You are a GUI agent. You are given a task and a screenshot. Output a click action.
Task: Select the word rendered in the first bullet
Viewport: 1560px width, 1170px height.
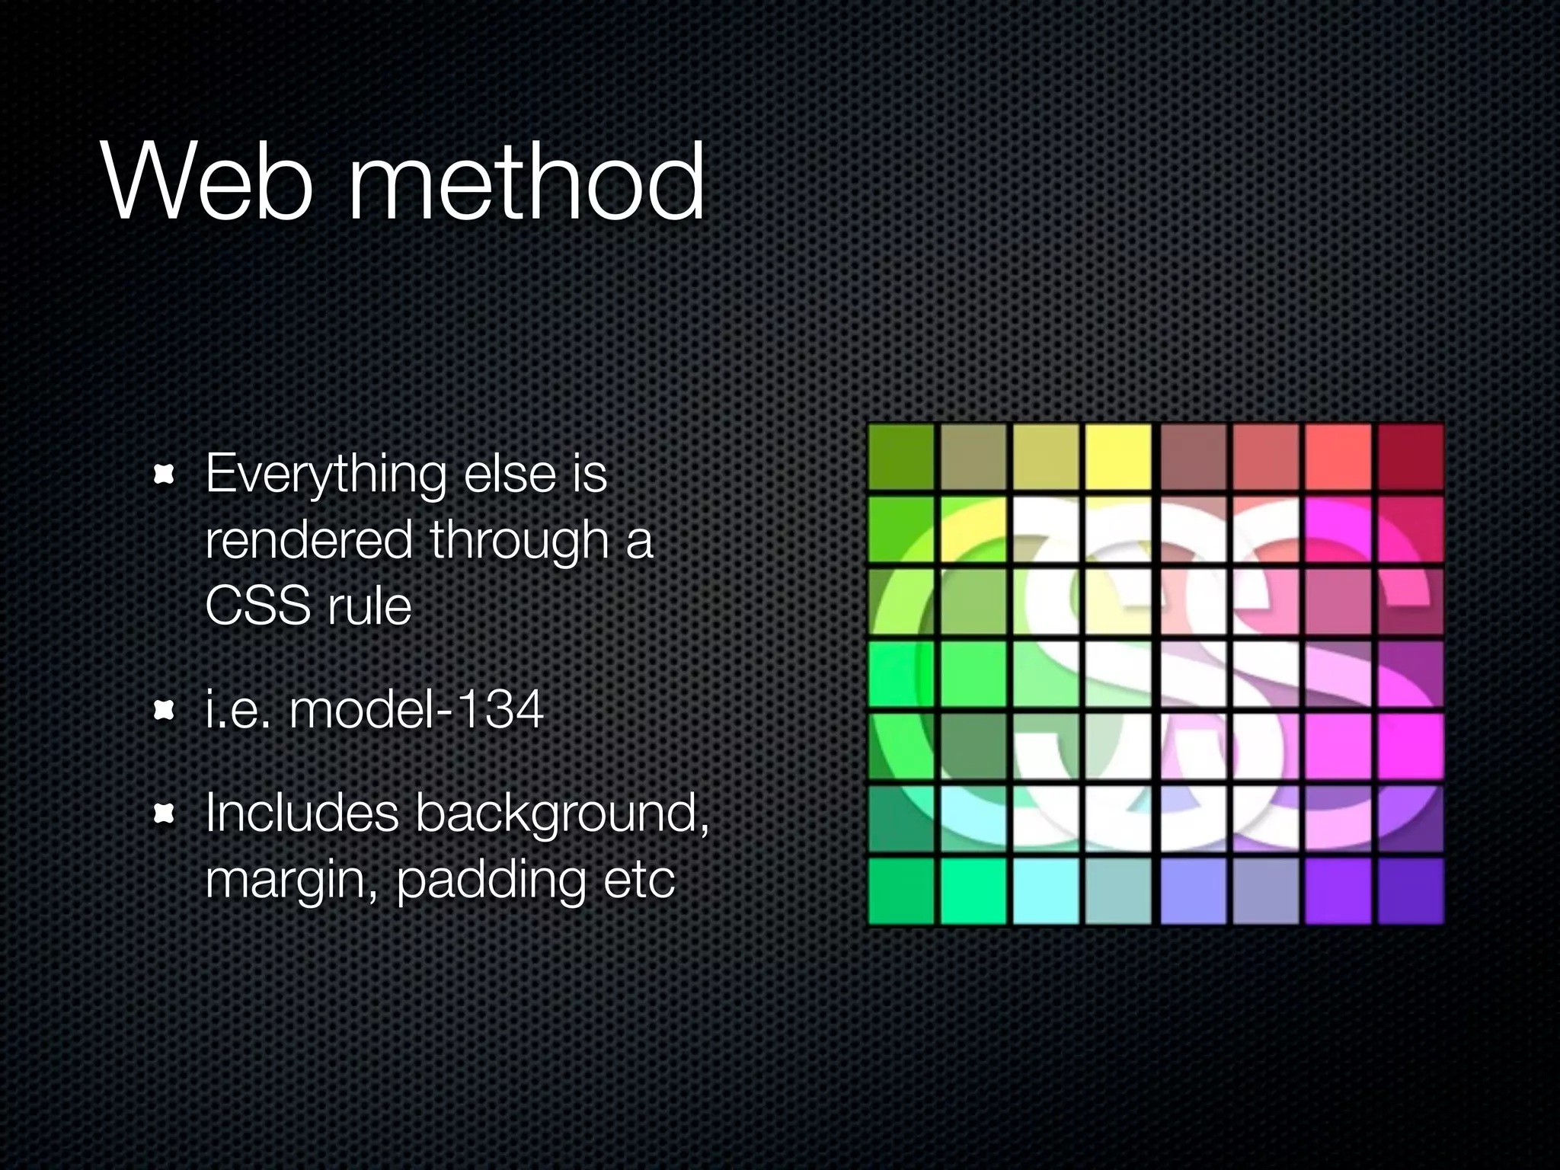point(308,540)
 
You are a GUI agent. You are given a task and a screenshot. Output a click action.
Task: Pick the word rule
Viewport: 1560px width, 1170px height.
point(369,606)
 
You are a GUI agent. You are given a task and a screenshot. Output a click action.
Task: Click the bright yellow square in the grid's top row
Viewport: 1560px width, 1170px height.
point(1117,457)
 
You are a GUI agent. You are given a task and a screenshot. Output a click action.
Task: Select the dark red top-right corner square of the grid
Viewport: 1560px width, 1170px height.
point(1411,457)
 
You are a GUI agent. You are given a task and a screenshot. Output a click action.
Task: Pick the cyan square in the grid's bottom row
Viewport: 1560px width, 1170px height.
point(1046,891)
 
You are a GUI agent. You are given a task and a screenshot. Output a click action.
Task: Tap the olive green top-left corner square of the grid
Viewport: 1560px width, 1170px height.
point(901,457)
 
